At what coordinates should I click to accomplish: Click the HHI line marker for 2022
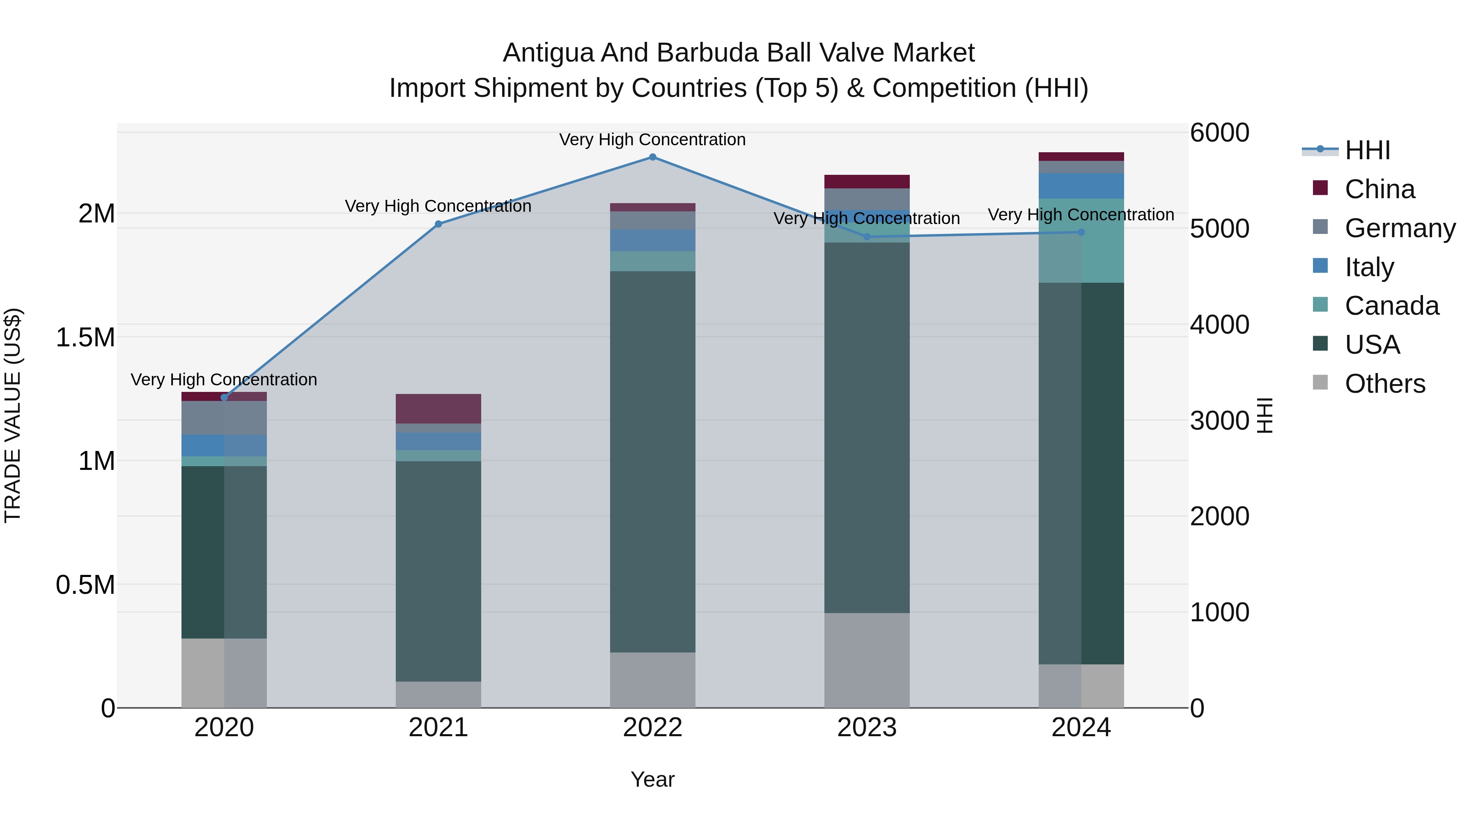652,157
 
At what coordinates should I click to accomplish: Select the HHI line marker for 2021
438,224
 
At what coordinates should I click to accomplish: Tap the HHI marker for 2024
1081,232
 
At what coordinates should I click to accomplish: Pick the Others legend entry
1384,384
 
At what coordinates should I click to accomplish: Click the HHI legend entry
1367,150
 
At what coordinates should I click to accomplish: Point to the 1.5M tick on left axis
85,337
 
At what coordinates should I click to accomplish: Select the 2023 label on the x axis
866,728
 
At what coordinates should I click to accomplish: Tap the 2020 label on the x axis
224,728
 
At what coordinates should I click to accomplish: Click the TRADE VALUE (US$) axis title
13,415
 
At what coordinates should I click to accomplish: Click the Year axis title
652,779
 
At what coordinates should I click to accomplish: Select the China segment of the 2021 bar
438,408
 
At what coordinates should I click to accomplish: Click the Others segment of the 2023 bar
866,660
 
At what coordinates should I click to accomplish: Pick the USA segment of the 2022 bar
652,462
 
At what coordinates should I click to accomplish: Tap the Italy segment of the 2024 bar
1081,186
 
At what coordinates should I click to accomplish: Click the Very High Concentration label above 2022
652,140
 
